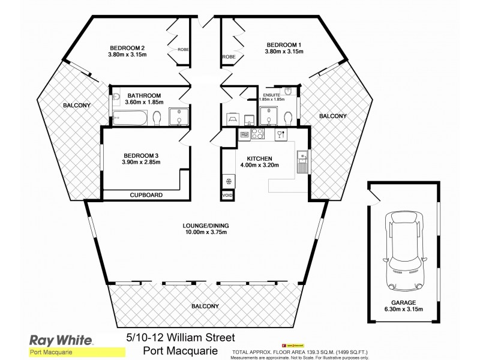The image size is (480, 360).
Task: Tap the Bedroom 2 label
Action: [127, 47]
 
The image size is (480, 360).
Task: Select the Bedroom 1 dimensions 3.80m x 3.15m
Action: [284, 52]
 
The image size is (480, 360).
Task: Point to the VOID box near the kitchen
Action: [227, 196]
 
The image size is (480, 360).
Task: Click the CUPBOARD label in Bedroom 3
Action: [147, 195]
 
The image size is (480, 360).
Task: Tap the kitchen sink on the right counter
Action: [301, 161]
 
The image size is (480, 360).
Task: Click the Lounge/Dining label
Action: [206, 226]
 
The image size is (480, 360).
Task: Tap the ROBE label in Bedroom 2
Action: [183, 50]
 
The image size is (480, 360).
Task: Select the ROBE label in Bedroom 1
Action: [229, 57]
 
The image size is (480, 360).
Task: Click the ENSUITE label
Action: [271, 95]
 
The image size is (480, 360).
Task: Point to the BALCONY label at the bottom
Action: [205, 307]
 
